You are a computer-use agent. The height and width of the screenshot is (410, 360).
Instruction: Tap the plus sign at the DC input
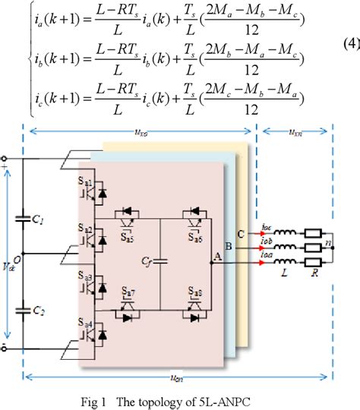[6, 160]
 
